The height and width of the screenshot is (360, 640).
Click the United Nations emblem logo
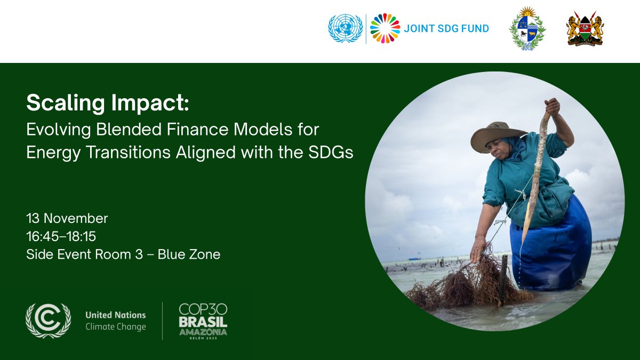pos(345,28)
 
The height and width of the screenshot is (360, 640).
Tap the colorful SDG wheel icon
pos(385,28)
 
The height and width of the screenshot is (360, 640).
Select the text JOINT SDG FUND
pos(446,29)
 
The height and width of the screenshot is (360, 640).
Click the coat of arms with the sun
pos(527,29)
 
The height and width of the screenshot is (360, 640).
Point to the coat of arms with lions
pos(585,28)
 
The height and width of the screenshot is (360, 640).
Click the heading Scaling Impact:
pos(108,103)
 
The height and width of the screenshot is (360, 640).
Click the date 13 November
pos(67,218)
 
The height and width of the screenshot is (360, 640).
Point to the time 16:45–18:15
pos(61,236)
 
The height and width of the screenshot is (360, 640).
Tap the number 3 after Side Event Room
pos(139,254)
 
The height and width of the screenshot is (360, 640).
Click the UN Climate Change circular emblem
pos(48,321)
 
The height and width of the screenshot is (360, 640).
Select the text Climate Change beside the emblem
pos(116,326)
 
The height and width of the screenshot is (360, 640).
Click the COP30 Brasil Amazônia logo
pos(203,320)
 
